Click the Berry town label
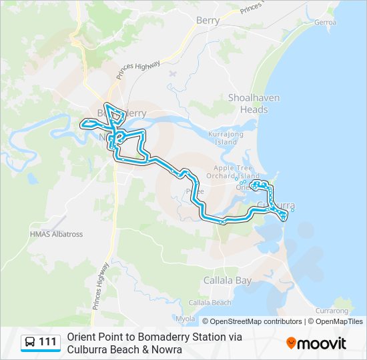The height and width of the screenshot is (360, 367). click(208, 21)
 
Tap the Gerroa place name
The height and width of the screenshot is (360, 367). click(326, 22)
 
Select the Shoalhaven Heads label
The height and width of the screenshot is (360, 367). click(254, 103)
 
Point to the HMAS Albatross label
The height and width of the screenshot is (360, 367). click(56, 235)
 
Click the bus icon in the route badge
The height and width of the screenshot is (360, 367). click(30, 343)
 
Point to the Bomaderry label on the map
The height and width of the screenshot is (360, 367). click(122, 113)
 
